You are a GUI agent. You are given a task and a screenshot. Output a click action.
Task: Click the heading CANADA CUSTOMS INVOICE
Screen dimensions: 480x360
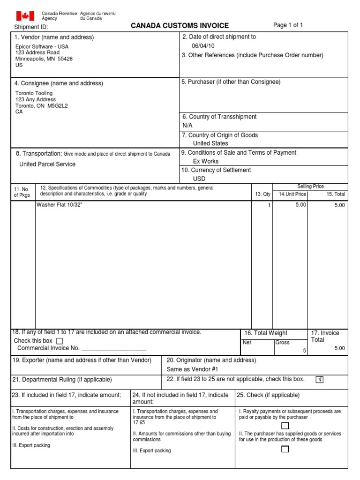180,26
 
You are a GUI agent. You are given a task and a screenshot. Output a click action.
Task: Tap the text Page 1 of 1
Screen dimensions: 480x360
288,25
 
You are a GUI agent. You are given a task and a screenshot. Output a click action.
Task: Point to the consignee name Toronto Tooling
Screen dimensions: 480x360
34,93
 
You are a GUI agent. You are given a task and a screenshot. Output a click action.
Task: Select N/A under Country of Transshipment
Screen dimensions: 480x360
187,126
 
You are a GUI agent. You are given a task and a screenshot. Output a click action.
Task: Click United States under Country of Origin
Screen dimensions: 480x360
210,143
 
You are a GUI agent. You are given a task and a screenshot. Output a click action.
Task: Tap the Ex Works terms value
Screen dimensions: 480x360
206,161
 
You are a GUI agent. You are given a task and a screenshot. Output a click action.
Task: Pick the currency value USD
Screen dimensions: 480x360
199,179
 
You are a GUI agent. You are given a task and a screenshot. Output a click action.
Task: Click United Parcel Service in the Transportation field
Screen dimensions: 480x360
47,164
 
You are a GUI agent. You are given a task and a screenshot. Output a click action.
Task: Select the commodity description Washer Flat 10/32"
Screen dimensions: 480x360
59,205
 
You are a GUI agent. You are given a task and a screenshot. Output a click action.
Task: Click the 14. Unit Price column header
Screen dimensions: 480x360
292,194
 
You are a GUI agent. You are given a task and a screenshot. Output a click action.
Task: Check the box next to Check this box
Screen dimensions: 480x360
59,341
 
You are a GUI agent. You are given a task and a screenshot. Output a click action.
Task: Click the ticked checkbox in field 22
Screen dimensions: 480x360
320,379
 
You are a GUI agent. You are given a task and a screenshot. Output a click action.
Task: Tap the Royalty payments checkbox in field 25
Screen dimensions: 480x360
285,426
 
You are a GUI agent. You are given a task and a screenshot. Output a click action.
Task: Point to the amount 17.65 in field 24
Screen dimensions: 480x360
139,422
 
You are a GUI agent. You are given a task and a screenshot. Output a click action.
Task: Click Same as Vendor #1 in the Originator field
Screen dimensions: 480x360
189,369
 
